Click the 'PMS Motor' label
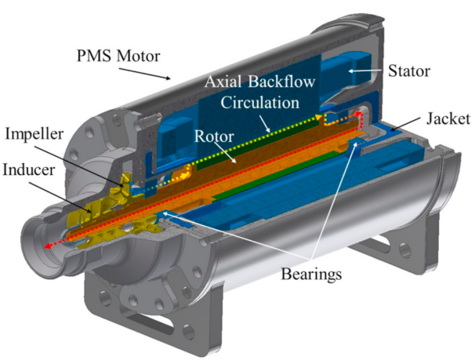coord(118,56)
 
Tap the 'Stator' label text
coord(409,71)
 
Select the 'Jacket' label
coord(448,118)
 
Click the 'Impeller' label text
coord(34,135)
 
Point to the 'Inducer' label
coord(28,169)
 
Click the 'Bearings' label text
coord(311,275)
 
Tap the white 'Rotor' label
coord(214,136)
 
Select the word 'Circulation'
coord(260,103)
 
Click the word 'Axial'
coord(223,82)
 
